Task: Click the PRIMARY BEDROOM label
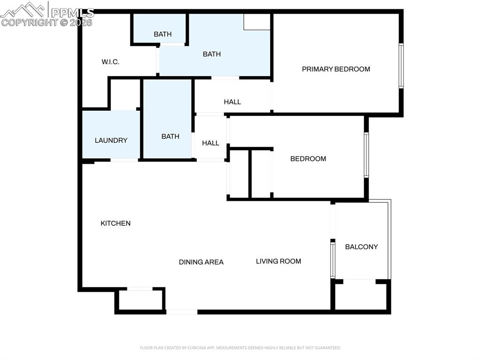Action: (336, 69)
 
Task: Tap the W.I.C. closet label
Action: (110, 62)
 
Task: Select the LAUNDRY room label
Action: (111, 140)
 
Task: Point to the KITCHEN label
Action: (116, 223)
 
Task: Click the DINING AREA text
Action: (201, 262)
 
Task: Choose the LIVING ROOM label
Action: (279, 261)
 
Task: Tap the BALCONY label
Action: (361, 247)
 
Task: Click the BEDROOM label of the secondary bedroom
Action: (308, 159)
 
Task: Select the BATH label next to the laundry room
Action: (170, 137)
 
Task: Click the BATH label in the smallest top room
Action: (163, 34)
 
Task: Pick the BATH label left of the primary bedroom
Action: (212, 54)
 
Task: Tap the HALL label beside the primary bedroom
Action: (233, 102)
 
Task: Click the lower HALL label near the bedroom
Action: (210, 143)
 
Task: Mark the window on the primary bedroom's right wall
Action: (401, 66)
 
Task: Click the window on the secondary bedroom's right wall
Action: (366, 155)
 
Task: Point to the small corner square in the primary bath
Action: (257, 22)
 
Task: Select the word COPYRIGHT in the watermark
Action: (29, 23)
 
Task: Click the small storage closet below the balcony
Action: (361, 296)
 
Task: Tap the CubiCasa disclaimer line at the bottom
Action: (240, 348)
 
